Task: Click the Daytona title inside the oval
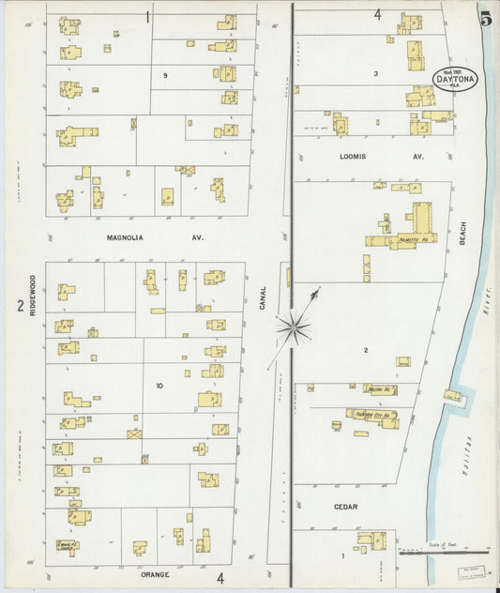(x=456, y=80)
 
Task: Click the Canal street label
(x=264, y=298)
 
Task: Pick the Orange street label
(x=157, y=574)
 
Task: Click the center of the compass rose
(x=293, y=327)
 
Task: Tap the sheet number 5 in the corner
(x=485, y=18)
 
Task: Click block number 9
(x=165, y=75)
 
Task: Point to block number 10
(x=159, y=385)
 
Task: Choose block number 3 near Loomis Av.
(x=375, y=73)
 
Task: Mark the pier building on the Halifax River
(x=453, y=396)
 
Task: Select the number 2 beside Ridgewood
(x=19, y=305)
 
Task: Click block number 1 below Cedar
(x=343, y=555)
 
